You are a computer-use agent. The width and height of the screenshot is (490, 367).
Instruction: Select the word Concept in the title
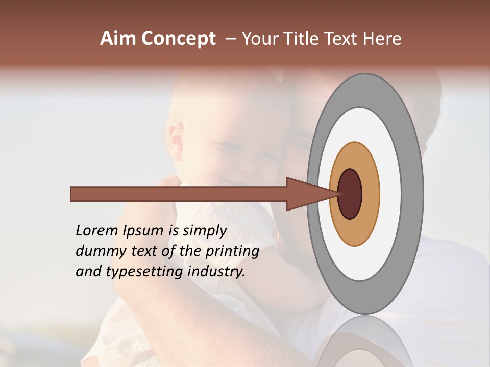pyautogui.click(x=179, y=39)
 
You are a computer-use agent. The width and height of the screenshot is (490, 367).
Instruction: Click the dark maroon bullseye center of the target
pyautogui.click(x=350, y=194)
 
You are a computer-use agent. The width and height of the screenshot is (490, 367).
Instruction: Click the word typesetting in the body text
pyautogui.click(x=144, y=272)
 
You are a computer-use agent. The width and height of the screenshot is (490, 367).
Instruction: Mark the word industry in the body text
pyautogui.click(x=216, y=272)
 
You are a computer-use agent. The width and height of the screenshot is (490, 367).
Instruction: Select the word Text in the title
pyautogui.click(x=342, y=39)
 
